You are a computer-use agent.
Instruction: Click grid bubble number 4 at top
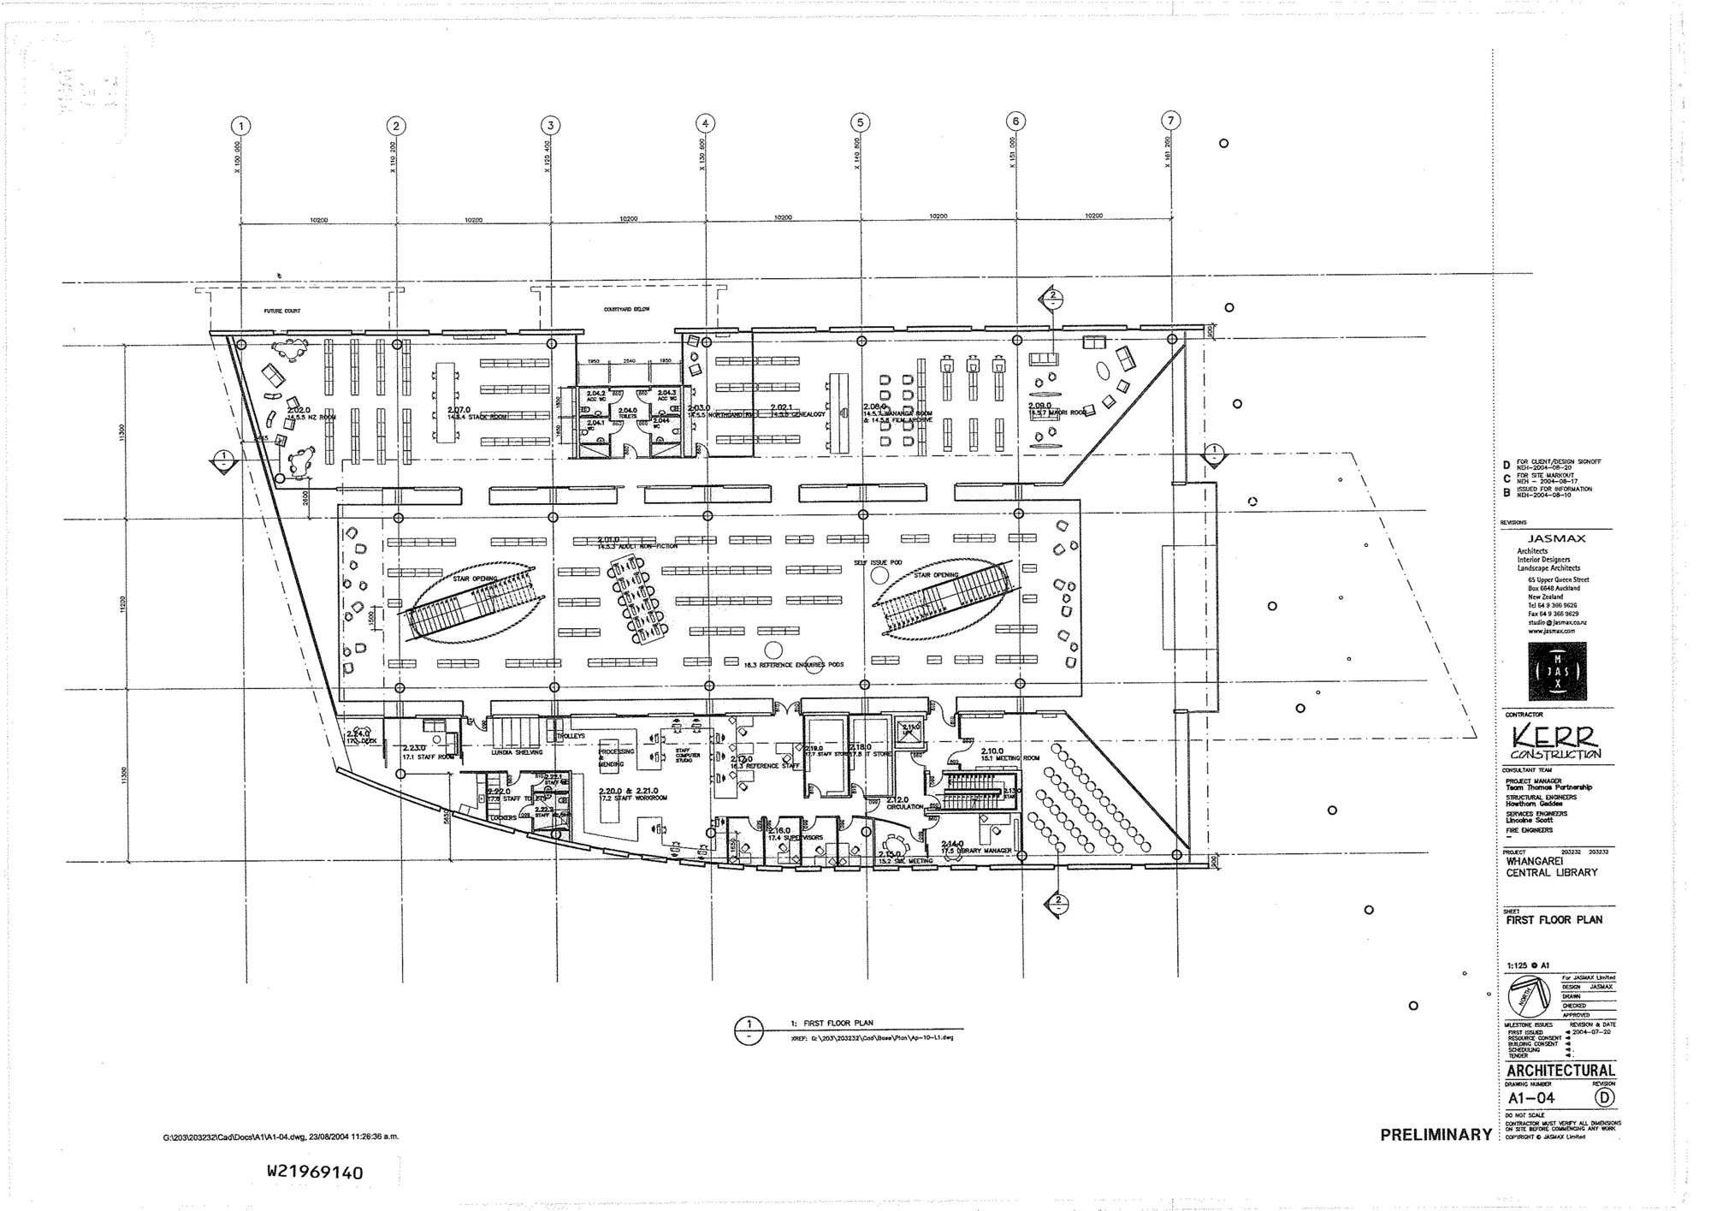coord(705,122)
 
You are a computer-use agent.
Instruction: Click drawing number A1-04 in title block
coord(1531,1098)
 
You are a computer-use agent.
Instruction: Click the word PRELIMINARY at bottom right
coord(1436,1135)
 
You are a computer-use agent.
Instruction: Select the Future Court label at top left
coord(280,312)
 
